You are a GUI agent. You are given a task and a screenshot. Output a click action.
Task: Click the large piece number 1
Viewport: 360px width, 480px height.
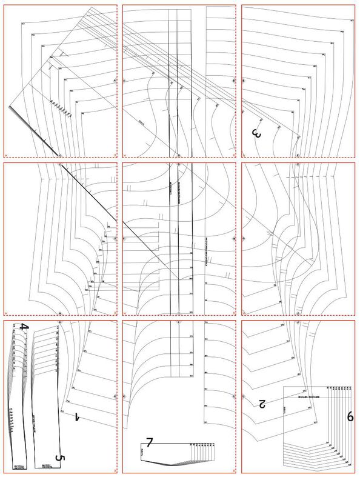(x=78, y=418)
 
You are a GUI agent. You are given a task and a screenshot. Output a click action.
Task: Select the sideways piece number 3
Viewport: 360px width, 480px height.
(x=256, y=134)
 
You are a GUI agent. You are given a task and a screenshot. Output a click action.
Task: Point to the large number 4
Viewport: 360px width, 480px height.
(x=24, y=327)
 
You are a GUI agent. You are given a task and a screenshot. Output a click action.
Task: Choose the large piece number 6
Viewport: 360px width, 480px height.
(x=350, y=416)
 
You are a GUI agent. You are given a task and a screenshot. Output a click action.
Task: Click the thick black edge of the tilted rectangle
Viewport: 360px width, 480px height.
(x=34, y=131)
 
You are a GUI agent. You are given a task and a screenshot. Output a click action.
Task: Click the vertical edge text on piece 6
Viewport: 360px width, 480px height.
(x=285, y=410)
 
